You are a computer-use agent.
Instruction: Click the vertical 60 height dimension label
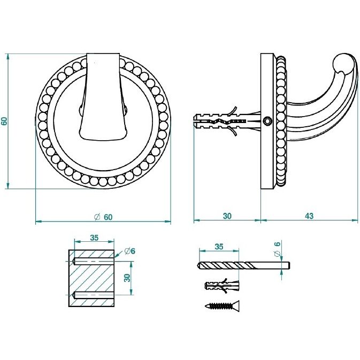pos(4,121)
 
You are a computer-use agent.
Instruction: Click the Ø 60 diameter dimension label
pos(104,217)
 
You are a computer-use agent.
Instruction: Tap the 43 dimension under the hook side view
pos(309,216)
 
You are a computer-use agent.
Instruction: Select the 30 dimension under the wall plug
pos(227,216)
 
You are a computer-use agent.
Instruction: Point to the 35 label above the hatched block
pos(94,238)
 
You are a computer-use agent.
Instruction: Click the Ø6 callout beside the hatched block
pos(130,251)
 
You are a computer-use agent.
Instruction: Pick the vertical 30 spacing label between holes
pos(127,278)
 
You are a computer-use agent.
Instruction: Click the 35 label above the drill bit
pos(219,247)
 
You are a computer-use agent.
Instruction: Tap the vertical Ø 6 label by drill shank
pos(277,249)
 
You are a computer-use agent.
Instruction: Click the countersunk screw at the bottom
pos(222,306)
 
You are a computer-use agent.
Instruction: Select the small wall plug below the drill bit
pos(222,286)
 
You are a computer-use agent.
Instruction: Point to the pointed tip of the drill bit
pos(199,266)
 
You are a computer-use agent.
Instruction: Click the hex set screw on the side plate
pos(267,121)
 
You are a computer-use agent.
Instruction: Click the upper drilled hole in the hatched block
pos(93,261)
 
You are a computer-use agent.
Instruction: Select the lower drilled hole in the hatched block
pos(93,295)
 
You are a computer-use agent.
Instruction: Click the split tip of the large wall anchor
pos(195,121)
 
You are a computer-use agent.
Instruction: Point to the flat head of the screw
pos(238,306)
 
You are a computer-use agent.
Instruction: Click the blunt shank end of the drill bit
pos(289,266)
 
